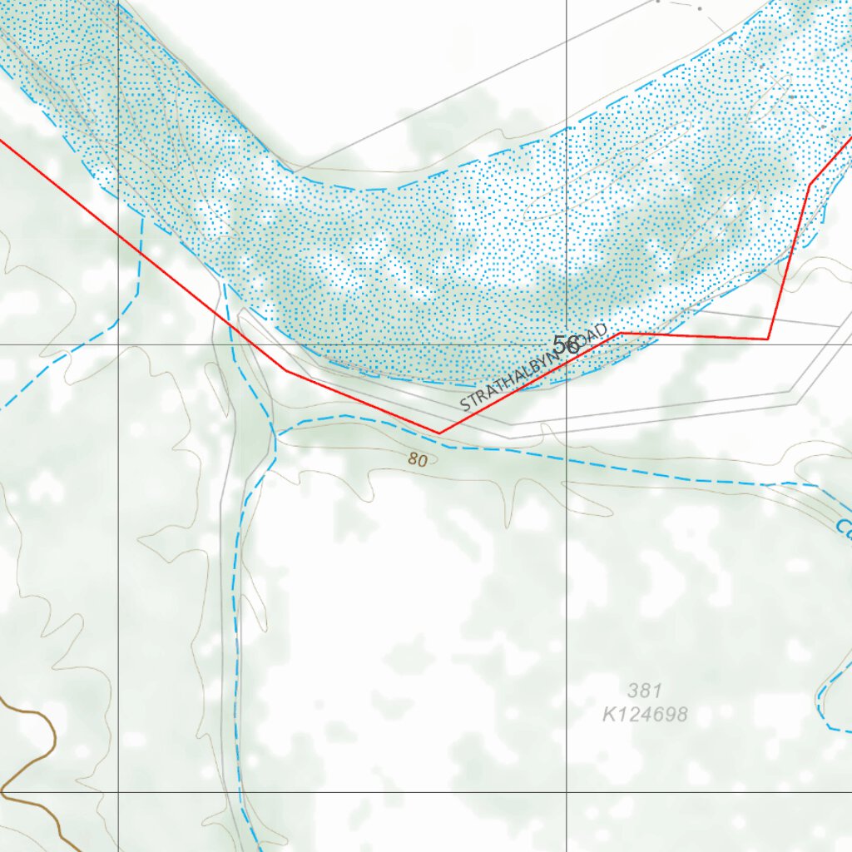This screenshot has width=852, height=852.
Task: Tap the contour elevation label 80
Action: pos(418,459)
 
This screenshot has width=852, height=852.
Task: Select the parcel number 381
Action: pos(645,690)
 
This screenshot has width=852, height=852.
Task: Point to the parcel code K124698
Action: pos(646,714)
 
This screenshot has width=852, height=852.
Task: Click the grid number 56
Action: pos(567,344)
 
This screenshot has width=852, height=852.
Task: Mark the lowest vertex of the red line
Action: pos(438,433)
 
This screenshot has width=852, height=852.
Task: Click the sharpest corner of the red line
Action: pos(768,339)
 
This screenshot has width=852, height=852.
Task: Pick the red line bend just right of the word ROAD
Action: pos(622,333)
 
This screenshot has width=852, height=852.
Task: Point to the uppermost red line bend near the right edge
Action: pos(810,185)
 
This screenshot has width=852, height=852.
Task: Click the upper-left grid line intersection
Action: pos(118,344)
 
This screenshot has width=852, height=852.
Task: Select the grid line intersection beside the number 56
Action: pos(567,344)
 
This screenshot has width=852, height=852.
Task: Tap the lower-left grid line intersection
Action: pos(118,792)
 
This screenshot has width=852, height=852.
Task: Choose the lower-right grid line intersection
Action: pos(567,792)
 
